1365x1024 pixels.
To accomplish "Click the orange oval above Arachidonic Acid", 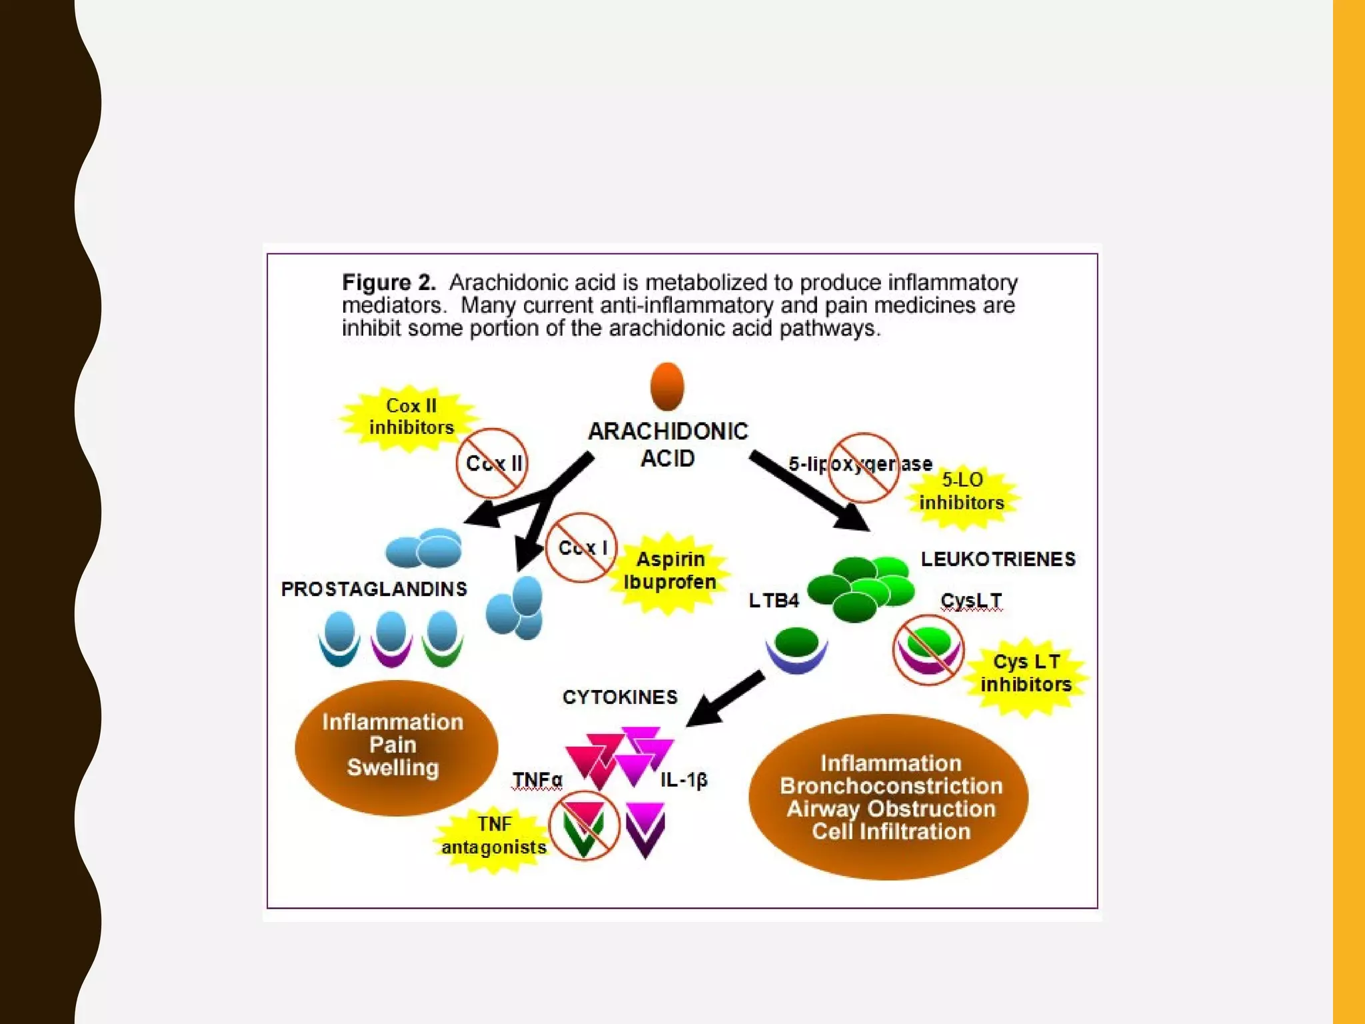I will pyautogui.click(x=667, y=387).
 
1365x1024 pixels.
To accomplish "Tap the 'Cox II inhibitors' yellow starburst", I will pyautogui.click(x=411, y=417).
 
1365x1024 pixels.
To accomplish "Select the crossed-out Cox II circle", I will pyautogui.click(x=492, y=463).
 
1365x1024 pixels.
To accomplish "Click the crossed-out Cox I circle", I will pyautogui.click(x=581, y=548).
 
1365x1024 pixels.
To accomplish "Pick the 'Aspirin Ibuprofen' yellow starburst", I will pyautogui.click(x=670, y=571).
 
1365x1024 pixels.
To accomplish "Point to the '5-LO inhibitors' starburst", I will pyautogui.click(x=961, y=492).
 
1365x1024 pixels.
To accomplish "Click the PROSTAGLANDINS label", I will pyautogui.click(x=374, y=589).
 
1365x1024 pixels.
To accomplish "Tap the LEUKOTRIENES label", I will pyautogui.click(x=998, y=559).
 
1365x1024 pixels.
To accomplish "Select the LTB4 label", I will pyautogui.click(x=773, y=601).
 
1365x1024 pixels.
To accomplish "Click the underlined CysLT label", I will pyautogui.click(x=970, y=601).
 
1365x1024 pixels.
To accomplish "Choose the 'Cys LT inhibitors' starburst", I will pyautogui.click(x=1026, y=674).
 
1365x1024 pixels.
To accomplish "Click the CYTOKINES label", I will pyautogui.click(x=620, y=697).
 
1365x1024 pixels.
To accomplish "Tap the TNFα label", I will pyautogui.click(x=537, y=780).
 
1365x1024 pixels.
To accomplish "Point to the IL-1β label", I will pyautogui.click(x=684, y=780).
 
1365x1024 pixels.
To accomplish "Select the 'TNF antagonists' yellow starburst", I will pyautogui.click(x=494, y=836).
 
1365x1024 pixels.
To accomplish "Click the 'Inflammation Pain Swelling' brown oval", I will pyautogui.click(x=395, y=747).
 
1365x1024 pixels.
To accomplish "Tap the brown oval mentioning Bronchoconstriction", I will pyautogui.click(x=889, y=797).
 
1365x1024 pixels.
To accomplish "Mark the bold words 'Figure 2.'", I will pyautogui.click(x=389, y=283).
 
